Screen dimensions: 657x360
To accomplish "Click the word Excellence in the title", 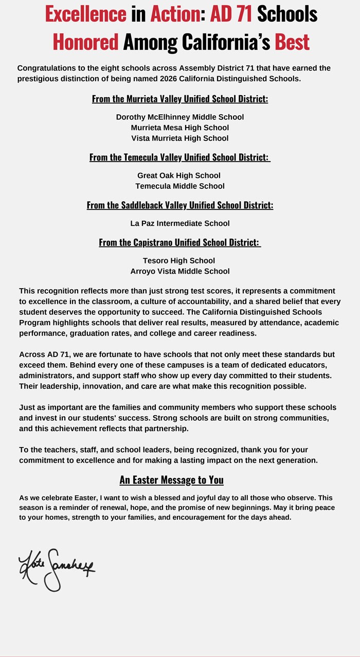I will coord(85,14).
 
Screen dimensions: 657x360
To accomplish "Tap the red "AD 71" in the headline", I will coord(231,14).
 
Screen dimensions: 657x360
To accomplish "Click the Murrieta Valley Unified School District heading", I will coord(180,99).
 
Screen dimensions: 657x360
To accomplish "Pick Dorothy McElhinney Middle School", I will coord(180,117).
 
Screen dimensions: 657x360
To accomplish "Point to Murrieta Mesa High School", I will coord(180,128).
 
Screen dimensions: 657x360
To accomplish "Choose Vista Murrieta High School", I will coord(180,138).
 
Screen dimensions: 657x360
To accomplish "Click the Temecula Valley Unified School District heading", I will coord(180,157).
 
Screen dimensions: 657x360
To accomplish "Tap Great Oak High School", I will coord(179,175).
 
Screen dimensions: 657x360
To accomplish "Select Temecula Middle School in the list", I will coord(180,186).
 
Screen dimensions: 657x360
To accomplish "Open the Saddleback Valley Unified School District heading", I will coord(180,205).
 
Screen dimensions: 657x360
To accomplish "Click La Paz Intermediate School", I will coord(180,223).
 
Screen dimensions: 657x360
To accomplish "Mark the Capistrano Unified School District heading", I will coord(180,242).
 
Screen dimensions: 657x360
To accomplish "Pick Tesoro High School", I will coord(179,260).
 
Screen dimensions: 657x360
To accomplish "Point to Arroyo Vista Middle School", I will coord(180,271).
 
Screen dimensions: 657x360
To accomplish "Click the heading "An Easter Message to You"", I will coord(172,480).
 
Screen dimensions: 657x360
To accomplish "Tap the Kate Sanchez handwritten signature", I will coord(57,569).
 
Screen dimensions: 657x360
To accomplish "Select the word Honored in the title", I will coord(85,41).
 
